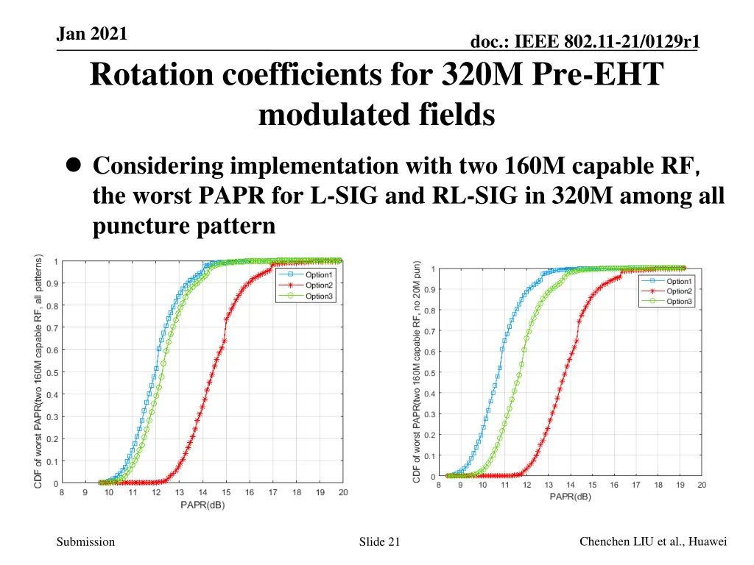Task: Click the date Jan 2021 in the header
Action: pyautogui.click(x=92, y=34)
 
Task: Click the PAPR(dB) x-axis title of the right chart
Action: pyautogui.click(x=569, y=497)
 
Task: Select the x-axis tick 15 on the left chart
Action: pyautogui.click(x=226, y=493)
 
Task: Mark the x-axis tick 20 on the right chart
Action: pyautogui.click(x=701, y=485)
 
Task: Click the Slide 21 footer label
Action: pyautogui.click(x=379, y=542)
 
